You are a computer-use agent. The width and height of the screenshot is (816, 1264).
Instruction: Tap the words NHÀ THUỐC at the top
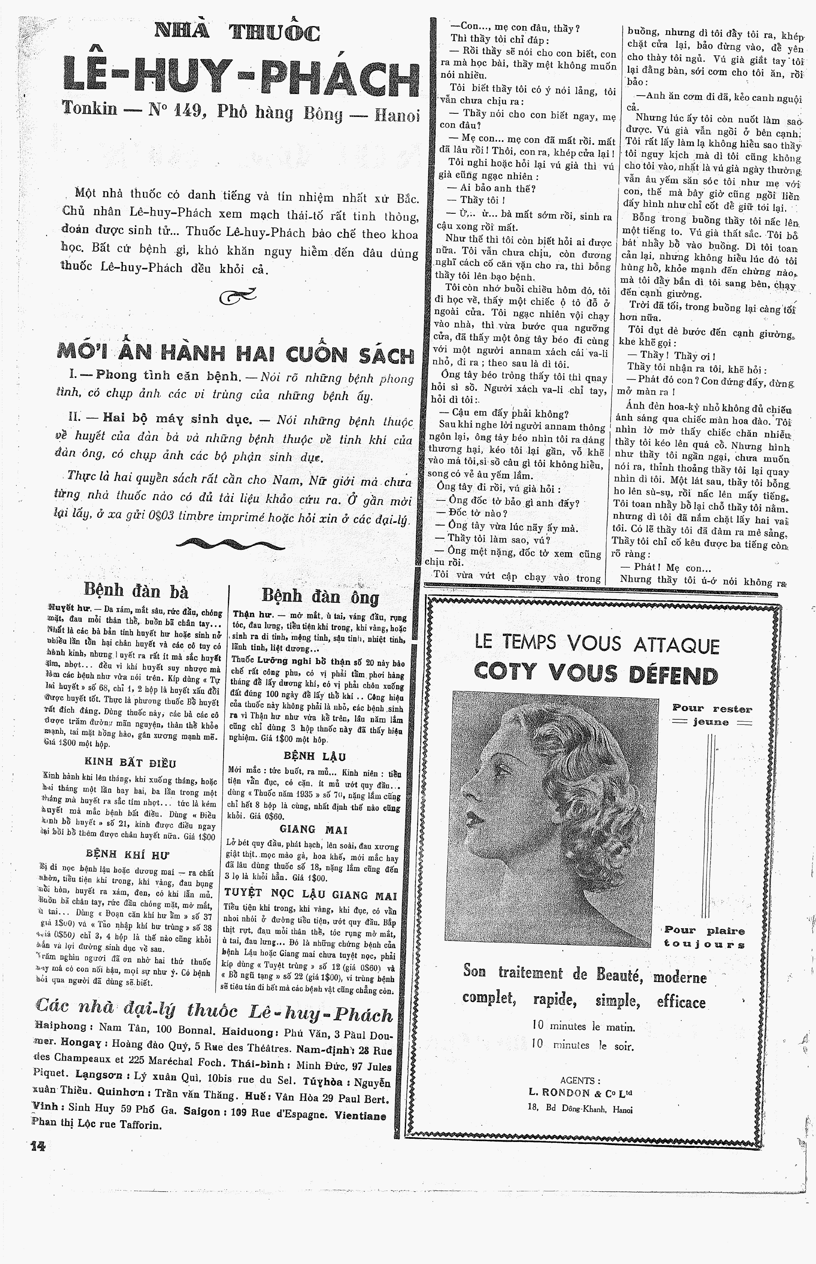coord(237,33)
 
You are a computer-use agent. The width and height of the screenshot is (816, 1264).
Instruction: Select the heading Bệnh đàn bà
coord(136,590)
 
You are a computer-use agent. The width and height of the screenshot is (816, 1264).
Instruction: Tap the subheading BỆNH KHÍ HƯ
coord(128,854)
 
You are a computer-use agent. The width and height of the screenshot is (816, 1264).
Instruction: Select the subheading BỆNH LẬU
coord(315,756)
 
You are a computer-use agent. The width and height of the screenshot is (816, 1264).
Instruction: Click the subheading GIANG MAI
coord(313,829)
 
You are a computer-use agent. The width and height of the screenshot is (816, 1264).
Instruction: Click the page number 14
coord(38,1146)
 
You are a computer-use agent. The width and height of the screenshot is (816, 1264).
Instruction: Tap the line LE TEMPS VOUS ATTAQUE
coord(597,644)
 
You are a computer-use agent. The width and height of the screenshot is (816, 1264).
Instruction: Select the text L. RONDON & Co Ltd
coord(580,1093)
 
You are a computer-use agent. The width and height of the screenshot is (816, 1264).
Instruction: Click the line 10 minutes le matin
coord(583,1027)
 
